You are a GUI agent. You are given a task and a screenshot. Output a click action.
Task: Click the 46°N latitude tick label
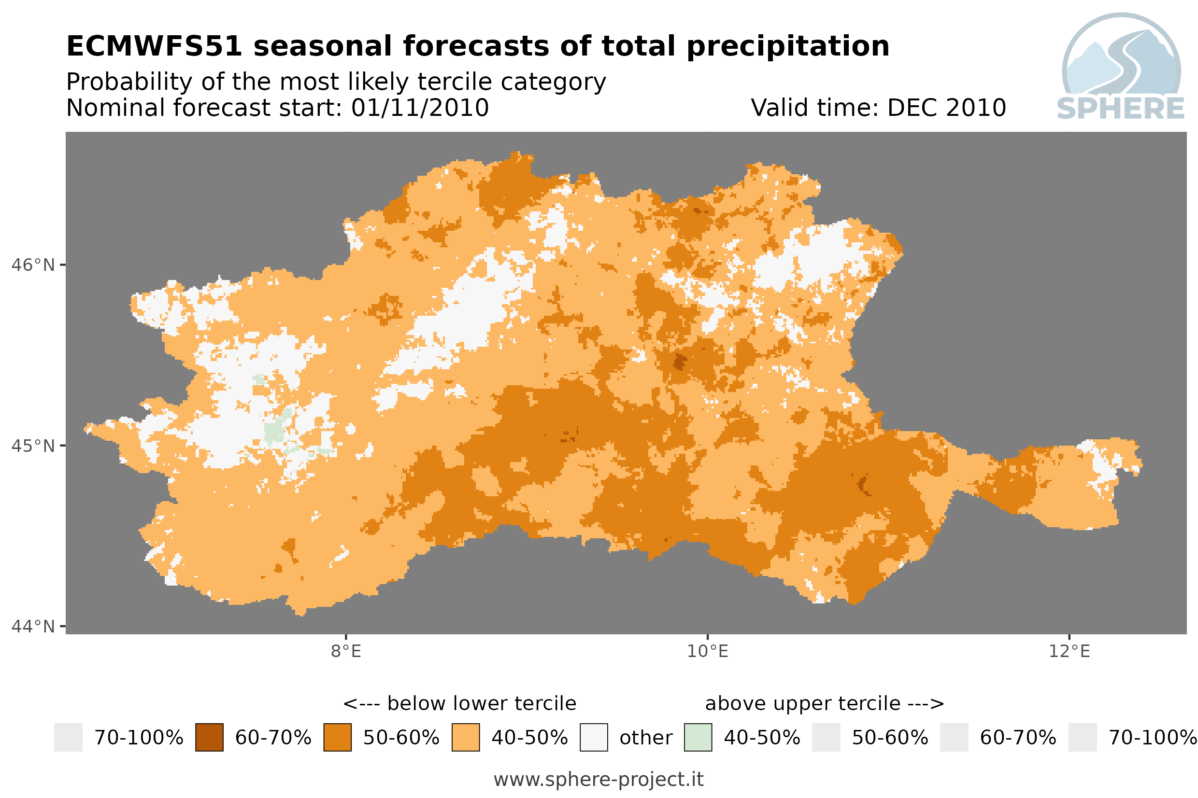click(x=32, y=265)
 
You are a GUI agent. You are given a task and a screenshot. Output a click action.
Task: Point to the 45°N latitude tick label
click(x=32, y=446)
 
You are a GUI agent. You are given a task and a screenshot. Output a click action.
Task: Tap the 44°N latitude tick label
click(x=32, y=627)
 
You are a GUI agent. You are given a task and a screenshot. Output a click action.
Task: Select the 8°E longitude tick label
click(x=346, y=651)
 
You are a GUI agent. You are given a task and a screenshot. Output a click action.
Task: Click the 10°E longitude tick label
click(x=708, y=651)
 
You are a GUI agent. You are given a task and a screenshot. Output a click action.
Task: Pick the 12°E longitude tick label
click(x=1069, y=651)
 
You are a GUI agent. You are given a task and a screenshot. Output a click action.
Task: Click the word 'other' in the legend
click(x=646, y=738)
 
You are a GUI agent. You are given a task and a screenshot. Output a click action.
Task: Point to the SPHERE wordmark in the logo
click(x=1121, y=109)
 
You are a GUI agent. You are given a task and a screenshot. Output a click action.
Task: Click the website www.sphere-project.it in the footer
click(x=599, y=779)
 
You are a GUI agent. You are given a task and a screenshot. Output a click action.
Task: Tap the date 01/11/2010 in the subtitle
click(x=420, y=108)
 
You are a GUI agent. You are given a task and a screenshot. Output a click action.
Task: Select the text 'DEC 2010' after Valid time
click(x=947, y=108)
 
